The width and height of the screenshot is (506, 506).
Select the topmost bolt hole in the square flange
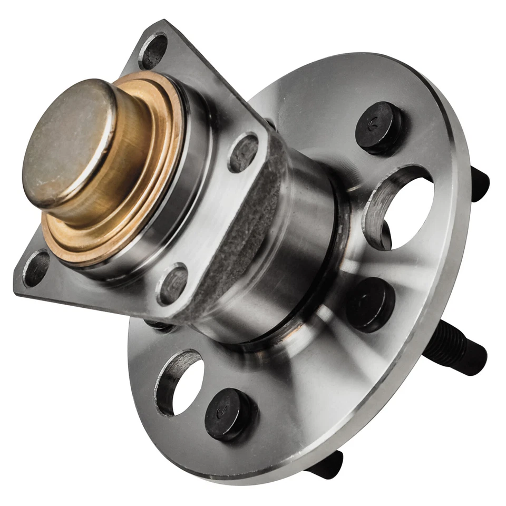(x=153, y=51)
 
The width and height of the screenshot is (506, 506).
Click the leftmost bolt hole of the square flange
(x=37, y=268)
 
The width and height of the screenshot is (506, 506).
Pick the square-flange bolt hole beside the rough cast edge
(x=243, y=153)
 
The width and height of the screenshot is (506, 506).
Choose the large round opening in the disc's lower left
(x=182, y=382)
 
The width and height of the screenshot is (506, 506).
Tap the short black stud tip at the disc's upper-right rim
(x=479, y=183)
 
